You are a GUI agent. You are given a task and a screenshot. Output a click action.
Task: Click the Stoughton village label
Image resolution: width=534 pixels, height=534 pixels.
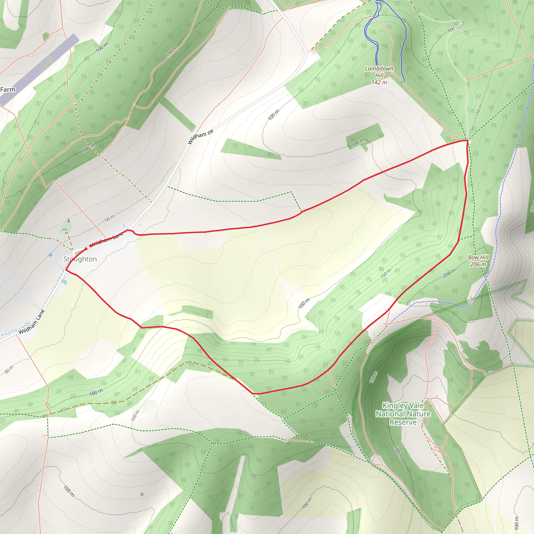[x=80, y=259]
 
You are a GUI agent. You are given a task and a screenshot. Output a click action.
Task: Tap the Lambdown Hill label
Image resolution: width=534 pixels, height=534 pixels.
[x=379, y=72]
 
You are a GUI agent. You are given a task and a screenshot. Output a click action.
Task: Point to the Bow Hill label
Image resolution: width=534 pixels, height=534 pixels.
[x=478, y=257]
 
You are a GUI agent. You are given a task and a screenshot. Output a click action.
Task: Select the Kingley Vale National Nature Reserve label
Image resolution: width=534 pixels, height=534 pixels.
[x=403, y=414]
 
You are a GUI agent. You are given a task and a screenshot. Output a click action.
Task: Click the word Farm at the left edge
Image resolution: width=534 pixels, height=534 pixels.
[x=8, y=89]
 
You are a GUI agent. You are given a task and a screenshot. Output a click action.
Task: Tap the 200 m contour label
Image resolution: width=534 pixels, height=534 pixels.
[x=449, y=273]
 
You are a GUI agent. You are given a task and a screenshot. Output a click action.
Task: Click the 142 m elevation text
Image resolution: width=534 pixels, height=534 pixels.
[x=379, y=82]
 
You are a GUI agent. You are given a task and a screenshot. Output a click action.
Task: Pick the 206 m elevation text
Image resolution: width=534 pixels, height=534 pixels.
[x=478, y=264]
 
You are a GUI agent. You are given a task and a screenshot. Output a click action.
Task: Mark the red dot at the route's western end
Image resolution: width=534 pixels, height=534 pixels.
[x=86, y=249]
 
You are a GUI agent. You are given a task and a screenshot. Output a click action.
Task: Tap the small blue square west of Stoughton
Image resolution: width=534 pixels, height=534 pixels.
[x=51, y=255]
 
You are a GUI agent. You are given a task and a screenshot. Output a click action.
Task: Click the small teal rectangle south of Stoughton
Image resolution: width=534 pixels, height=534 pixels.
[x=64, y=282]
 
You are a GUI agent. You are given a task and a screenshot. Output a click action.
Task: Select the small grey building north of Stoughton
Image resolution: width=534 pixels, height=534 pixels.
[x=65, y=230]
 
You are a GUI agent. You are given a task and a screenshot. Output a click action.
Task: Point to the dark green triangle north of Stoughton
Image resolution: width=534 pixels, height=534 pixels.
[x=69, y=220]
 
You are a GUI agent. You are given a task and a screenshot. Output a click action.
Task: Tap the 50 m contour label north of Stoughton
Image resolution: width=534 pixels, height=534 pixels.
[x=110, y=218]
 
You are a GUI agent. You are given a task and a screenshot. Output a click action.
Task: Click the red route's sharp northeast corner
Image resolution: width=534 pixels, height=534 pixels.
[x=468, y=141]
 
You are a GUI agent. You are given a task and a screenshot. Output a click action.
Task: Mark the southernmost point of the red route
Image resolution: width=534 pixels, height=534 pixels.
[x=254, y=393]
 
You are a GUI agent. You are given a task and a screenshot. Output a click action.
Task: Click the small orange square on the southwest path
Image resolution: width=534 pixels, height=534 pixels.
[x=44, y=436]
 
